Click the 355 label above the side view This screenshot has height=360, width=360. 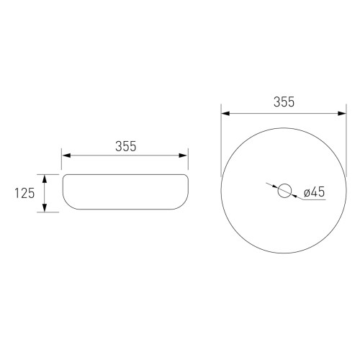126,146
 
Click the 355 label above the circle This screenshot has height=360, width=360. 284,102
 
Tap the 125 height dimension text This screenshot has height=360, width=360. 24,193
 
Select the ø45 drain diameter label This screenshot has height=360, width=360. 314,192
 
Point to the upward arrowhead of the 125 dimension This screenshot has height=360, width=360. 45,179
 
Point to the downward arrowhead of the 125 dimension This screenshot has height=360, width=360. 45,208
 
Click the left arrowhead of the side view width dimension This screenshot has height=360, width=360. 66,156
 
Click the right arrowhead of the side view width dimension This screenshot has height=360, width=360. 183,156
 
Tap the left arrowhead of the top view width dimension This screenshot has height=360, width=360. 225,113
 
